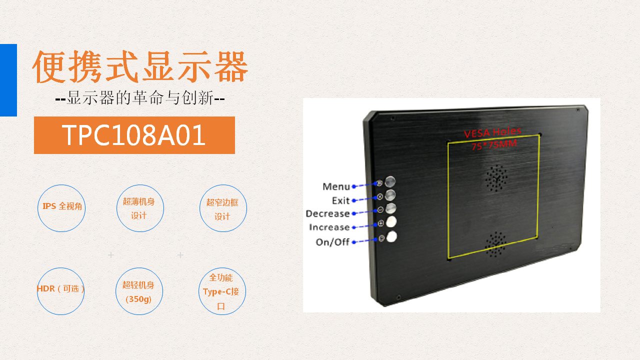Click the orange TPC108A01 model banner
click(134, 135)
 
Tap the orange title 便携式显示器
click(140, 66)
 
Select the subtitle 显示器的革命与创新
click(140, 98)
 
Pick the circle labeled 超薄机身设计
click(140, 208)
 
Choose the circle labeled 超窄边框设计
click(223, 208)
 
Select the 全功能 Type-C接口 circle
click(222, 291)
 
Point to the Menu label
click(336, 186)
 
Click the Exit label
click(340, 200)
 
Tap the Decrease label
click(327, 213)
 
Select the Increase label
click(329, 227)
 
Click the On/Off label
click(332, 242)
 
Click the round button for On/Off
click(391, 237)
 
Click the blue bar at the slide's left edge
click(8, 80)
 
